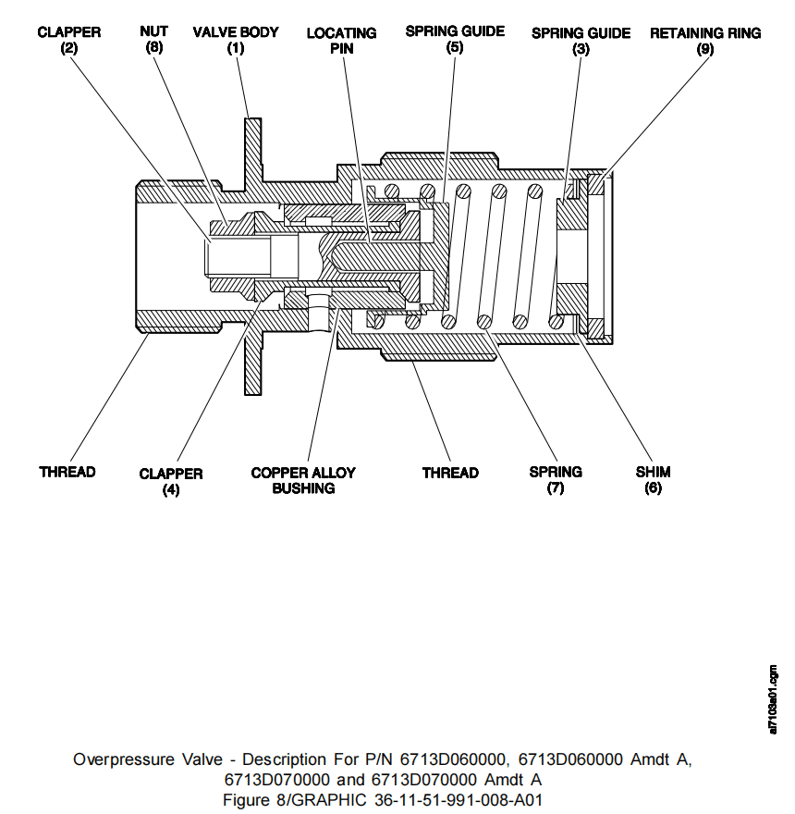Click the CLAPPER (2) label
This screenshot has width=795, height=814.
click(69, 40)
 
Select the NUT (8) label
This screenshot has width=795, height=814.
click(153, 40)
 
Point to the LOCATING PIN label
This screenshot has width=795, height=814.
click(342, 41)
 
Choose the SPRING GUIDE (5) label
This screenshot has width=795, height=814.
click(455, 39)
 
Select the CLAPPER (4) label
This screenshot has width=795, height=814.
click(171, 481)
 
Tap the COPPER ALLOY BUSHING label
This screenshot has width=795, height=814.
click(303, 480)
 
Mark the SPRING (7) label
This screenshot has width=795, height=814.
click(556, 480)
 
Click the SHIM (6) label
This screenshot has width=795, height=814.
click(653, 480)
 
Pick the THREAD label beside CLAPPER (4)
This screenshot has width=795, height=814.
click(67, 473)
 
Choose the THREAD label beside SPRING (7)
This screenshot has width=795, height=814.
click(450, 474)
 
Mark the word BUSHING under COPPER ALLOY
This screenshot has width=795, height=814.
click(303, 488)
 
